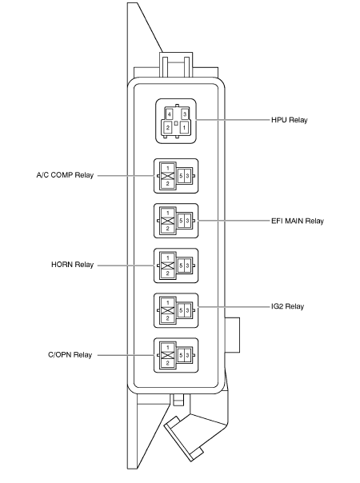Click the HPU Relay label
point(289,120)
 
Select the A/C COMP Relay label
point(65,175)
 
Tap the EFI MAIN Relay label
point(298,221)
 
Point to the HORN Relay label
point(73,265)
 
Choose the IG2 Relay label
point(287,306)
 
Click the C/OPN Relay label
point(70,355)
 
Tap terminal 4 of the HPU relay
point(169,114)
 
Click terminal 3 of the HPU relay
point(185,114)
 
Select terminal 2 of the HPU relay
point(168,127)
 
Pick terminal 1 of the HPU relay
point(184,127)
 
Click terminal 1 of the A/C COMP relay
point(168,168)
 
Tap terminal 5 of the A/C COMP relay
point(181,176)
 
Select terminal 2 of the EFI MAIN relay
point(168,229)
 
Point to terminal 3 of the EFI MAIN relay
point(187,221)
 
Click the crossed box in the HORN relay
point(168,265)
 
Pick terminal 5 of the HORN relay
point(181,265)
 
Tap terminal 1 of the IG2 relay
point(168,303)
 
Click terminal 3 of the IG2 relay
point(187,310)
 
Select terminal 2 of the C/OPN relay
point(168,363)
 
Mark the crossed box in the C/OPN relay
point(168,355)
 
